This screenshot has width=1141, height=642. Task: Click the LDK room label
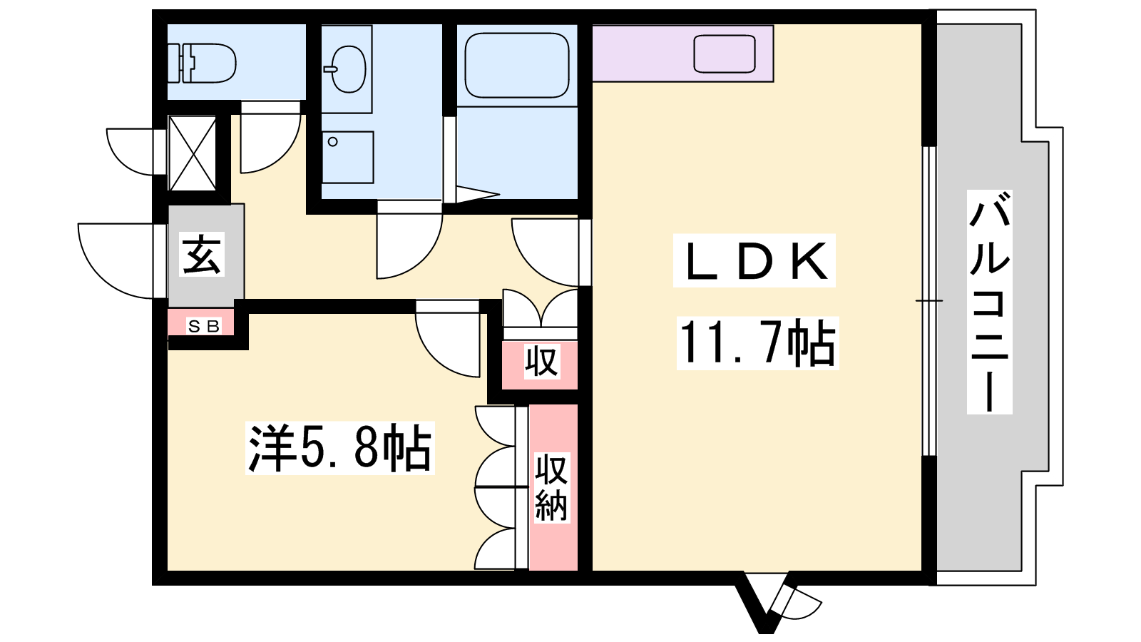point(754,261)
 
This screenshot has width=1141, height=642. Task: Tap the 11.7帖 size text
point(757,343)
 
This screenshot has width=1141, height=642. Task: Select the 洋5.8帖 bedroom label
point(339,448)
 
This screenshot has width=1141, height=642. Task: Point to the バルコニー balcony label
point(989,302)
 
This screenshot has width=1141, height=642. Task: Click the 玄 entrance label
point(202,255)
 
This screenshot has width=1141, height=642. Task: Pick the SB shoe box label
point(204,326)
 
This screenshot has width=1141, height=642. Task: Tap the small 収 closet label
point(542,361)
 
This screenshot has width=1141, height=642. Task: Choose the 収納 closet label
point(551,488)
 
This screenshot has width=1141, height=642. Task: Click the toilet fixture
point(203,63)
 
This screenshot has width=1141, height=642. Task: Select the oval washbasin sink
point(347,69)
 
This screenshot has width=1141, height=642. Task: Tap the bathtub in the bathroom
point(517,65)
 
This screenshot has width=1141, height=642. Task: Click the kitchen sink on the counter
point(725,53)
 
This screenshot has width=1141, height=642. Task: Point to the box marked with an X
point(192,153)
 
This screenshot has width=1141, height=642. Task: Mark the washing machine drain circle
point(332,142)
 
